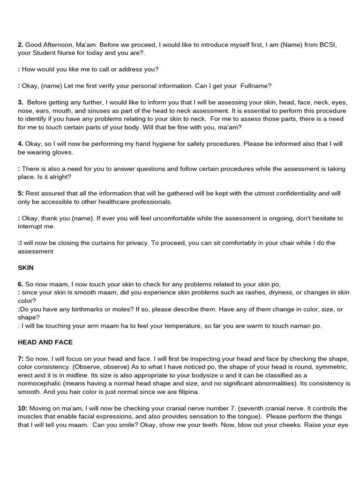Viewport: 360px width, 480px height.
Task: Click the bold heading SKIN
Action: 25,268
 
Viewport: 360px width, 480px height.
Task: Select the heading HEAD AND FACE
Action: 45,342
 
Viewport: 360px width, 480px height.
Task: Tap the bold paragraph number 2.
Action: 21,45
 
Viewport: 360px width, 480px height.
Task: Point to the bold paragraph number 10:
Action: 23,408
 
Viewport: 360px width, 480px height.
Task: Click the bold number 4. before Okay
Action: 21,144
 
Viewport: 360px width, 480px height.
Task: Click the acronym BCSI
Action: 328,45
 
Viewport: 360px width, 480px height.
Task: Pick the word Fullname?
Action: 256,86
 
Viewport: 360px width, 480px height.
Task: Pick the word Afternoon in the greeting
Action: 58,45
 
